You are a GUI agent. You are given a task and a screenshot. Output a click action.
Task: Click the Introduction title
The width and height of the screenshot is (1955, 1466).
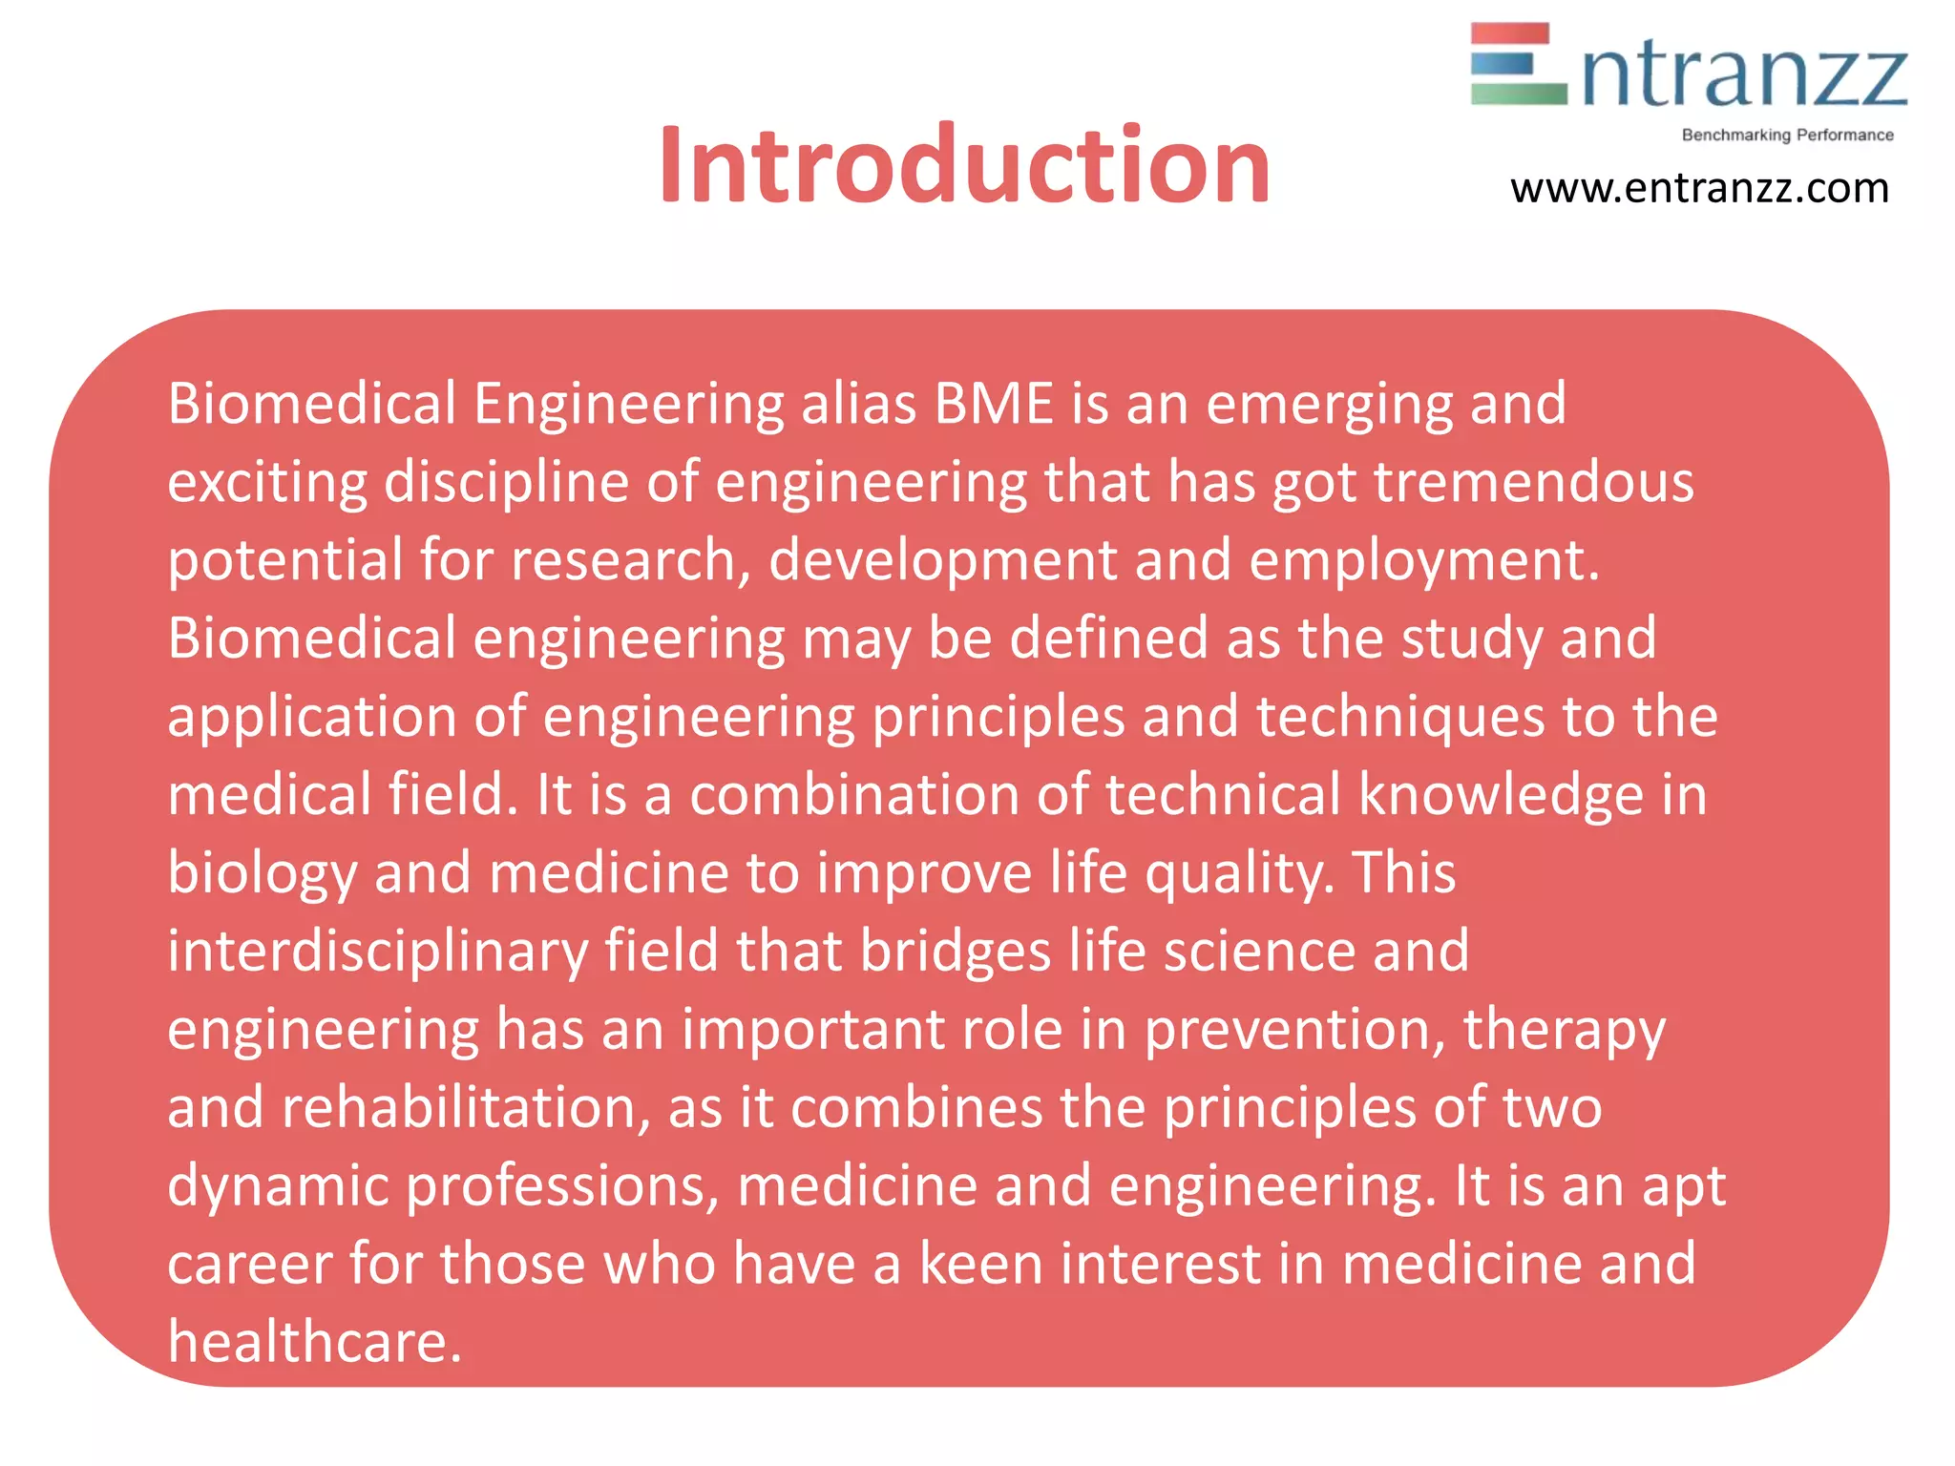coord(964,165)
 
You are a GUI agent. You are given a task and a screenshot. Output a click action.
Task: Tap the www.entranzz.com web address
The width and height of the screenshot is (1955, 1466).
coord(1699,188)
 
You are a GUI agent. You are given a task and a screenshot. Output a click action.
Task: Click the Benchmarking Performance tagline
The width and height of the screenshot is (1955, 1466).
coord(1787,136)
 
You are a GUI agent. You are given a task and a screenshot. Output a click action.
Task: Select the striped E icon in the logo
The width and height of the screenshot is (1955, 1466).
coord(1518,64)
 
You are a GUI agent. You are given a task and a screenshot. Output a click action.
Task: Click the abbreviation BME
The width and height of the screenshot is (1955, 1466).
coord(994,404)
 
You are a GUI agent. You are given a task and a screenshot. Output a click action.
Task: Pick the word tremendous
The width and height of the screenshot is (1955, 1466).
coord(1534,482)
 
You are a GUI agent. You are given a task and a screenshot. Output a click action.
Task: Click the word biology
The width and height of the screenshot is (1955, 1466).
coord(262,873)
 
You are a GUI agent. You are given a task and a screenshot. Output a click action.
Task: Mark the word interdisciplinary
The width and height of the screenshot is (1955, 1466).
coord(378,952)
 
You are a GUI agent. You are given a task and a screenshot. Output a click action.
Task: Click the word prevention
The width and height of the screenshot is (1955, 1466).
coord(1294,1030)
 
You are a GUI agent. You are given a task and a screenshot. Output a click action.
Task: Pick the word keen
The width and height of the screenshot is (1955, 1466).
coord(981,1265)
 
